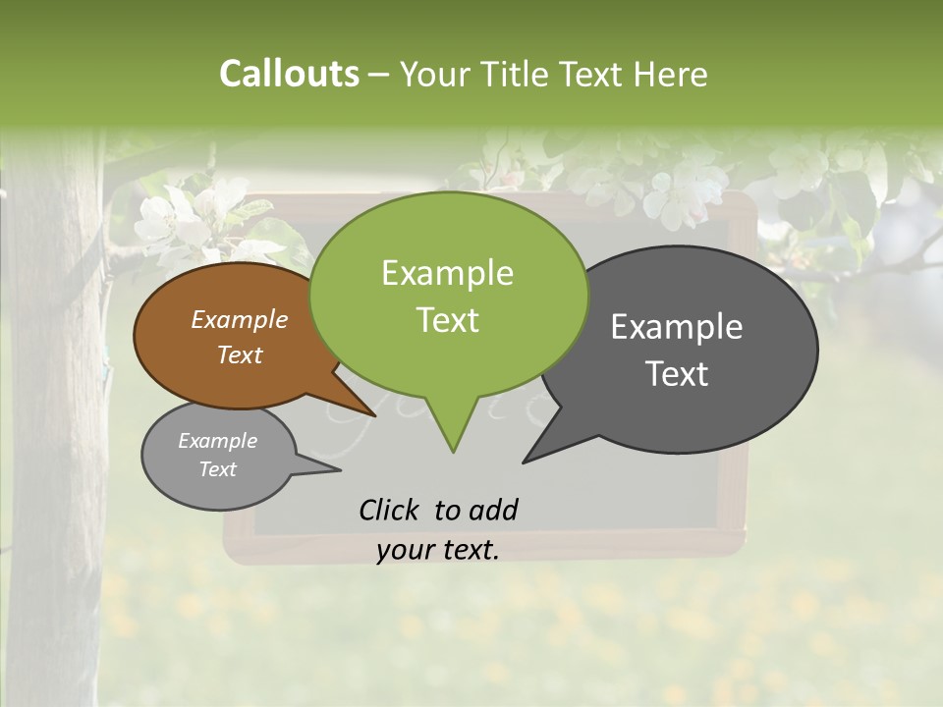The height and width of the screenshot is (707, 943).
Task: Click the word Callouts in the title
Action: (x=289, y=74)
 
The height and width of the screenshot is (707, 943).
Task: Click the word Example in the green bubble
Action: (x=447, y=273)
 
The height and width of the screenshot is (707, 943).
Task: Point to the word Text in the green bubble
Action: (x=447, y=320)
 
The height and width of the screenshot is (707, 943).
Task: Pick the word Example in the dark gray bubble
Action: (x=677, y=327)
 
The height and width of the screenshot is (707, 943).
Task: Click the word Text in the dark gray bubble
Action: (x=677, y=374)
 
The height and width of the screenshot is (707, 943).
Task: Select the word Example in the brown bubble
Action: (x=240, y=319)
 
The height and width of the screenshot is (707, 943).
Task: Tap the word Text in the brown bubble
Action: (x=240, y=354)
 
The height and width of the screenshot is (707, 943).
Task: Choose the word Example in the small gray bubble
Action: (x=217, y=441)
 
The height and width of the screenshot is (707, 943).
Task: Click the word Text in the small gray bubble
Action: (x=217, y=469)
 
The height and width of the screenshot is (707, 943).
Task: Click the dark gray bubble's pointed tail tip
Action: (x=526, y=461)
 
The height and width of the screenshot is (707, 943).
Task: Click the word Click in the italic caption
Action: (x=391, y=510)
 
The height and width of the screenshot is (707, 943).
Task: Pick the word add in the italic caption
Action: (x=493, y=510)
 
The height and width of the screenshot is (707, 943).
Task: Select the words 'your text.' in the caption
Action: (x=438, y=550)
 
